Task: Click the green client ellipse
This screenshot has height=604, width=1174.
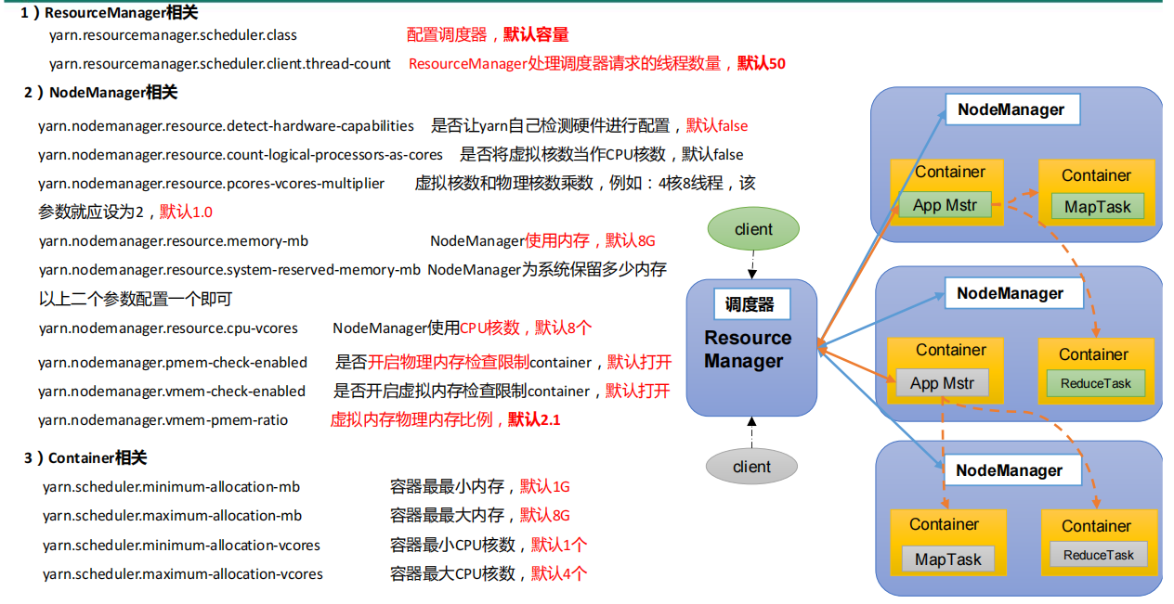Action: pos(752,229)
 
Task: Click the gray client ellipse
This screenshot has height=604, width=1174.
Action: pos(751,467)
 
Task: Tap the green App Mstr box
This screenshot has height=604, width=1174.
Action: pos(945,205)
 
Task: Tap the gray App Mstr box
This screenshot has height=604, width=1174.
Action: pos(943,383)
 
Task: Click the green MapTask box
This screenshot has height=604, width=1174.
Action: pos(1097,207)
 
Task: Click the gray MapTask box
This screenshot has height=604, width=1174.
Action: pos(947,559)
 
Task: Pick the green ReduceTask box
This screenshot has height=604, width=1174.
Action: pos(1096,383)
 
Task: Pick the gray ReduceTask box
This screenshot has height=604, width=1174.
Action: pos(1099,555)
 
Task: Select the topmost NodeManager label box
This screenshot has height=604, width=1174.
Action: pos(1011,109)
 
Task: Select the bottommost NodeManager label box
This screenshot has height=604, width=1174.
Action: pos(1010,470)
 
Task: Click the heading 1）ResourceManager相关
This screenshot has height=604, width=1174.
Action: pos(109,13)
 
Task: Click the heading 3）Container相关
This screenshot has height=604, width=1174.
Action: pos(85,457)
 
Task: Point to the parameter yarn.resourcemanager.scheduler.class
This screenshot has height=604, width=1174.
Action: pos(173,35)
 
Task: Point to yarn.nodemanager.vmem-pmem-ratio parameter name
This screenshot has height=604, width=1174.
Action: pos(163,420)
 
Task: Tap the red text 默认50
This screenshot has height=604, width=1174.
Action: pos(762,64)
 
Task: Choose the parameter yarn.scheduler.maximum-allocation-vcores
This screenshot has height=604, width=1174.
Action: pos(182,574)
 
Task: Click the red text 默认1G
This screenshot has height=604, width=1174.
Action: pos(544,486)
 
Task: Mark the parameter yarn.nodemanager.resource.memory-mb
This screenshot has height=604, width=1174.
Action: pos(173,241)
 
